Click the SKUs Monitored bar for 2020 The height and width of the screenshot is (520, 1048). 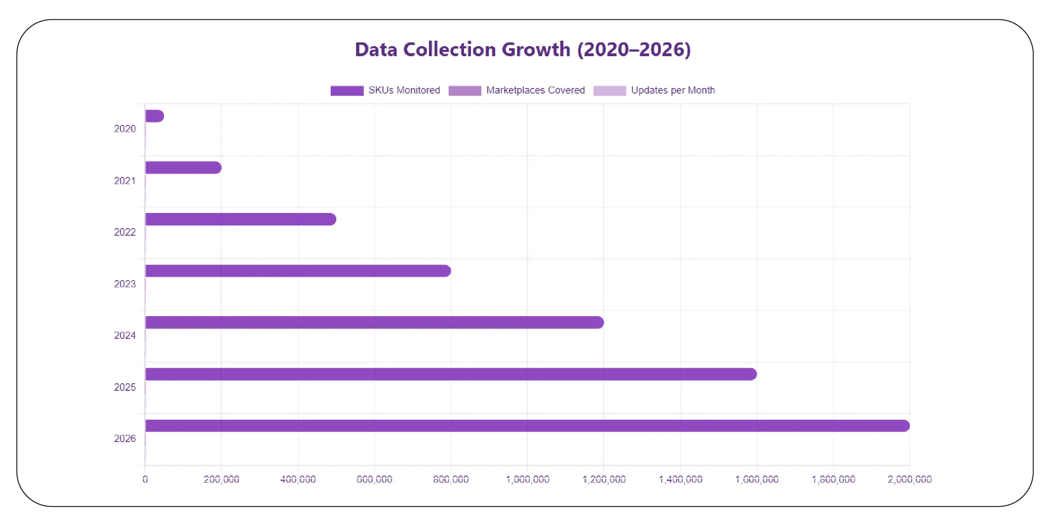click(x=154, y=116)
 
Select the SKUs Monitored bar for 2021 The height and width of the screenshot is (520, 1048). click(x=183, y=168)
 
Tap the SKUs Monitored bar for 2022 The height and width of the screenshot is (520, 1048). click(x=240, y=219)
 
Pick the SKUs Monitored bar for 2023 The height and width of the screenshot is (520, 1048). click(x=298, y=271)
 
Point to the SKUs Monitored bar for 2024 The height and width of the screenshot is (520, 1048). click(x=374, y=322)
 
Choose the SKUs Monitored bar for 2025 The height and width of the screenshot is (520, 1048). click(x=450, y=374)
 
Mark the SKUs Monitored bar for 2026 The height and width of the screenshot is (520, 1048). click(x=527, y=426)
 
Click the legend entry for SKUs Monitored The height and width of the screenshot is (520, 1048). click(x=385, y=90)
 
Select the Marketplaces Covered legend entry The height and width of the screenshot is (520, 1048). click(x=517, y=90)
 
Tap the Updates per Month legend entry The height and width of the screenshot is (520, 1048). click(x=654, y=90)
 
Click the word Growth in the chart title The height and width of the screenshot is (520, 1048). click(x=536, y=49)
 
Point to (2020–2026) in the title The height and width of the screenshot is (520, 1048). click(x=634, y=49)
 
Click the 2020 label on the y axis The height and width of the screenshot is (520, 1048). click(x=125, y=129)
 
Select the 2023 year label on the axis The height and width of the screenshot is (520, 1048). click(x=125, y=284)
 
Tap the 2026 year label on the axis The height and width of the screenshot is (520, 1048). click(x=125, y=439)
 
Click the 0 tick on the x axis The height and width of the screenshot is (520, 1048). click(x=145, y=479)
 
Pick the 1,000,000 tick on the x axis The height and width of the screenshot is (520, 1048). click(x=528, y=479)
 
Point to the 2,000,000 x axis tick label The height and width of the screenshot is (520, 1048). click(x=909, y=479)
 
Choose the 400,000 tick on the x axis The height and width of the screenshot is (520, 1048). click(x=298, y=479)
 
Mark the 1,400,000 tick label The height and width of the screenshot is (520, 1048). click(x=680, y=479)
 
